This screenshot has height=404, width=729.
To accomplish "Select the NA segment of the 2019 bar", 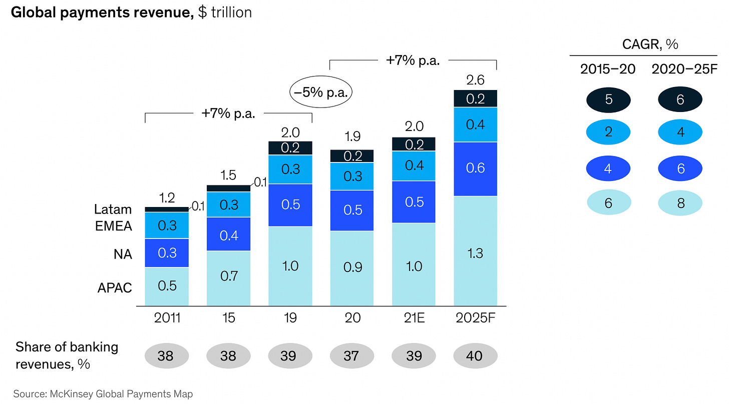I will [x=290, y=205].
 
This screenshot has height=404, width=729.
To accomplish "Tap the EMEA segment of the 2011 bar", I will [x=167, y=225].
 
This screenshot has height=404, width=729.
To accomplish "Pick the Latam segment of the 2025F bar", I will [x=475, y=98].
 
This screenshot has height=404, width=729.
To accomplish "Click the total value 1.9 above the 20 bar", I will [x=352, y=136].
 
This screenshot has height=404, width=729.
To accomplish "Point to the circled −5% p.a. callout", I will [x=321, y=93].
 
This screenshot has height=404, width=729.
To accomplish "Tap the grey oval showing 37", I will [x=352, y=355].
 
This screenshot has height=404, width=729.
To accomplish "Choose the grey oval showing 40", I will [x=475, y=355].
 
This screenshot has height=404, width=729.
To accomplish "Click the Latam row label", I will [x=113, y=209].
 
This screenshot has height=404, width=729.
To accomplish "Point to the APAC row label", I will [x=114, y=288].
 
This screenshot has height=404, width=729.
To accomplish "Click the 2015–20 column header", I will [x=608, y=69].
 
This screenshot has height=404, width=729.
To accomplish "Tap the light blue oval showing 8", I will [x=680, y=204].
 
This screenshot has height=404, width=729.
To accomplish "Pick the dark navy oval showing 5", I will [x=608, y=99].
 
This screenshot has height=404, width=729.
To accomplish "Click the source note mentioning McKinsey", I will [x=103, y=393].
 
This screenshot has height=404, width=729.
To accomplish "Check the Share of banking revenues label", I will [x=67, y=355].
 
